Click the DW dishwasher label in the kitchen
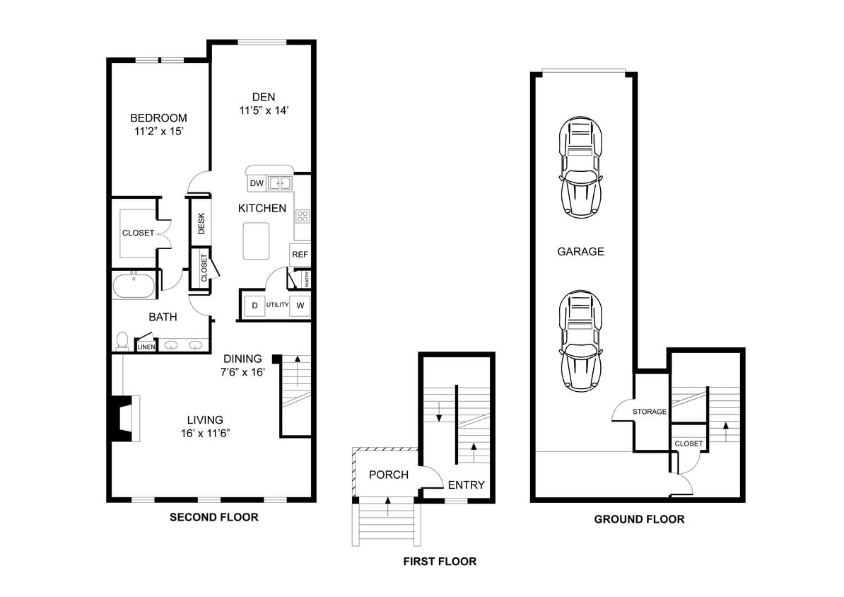coord(257,184)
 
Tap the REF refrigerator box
coord(300,255)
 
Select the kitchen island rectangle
coord(256,241)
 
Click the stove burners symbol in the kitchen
coord(303,215)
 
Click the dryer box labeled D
coord(254,306)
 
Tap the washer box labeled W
coord(300,306)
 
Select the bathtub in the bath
coord(134,287)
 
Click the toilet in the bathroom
coord(122,342)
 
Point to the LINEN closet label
coord(146,347)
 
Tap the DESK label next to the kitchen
coord(201,224)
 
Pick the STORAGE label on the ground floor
coord(649,411)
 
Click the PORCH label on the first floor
coord(389,475)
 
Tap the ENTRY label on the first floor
coord(467,485)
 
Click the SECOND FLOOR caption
coord(213,517)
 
